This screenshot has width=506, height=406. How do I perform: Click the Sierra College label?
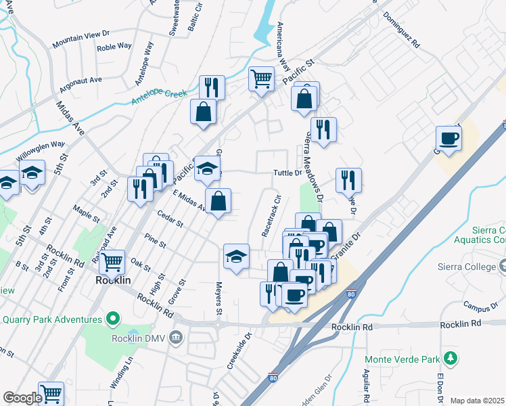click(467, 267)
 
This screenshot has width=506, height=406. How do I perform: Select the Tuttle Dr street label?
click(287, 173)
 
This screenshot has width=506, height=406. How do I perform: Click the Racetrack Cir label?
click(271, 217)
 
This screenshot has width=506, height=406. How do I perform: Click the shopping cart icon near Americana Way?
click(260, 78)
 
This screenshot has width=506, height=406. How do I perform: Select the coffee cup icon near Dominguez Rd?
click(448, 139)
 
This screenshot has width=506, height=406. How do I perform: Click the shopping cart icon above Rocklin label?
click(113, 261)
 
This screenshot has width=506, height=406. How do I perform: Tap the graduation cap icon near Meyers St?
click(236, 256)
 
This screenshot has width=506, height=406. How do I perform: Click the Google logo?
click(22, 398)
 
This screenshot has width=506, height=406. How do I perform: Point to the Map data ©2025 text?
click(477, 401)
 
